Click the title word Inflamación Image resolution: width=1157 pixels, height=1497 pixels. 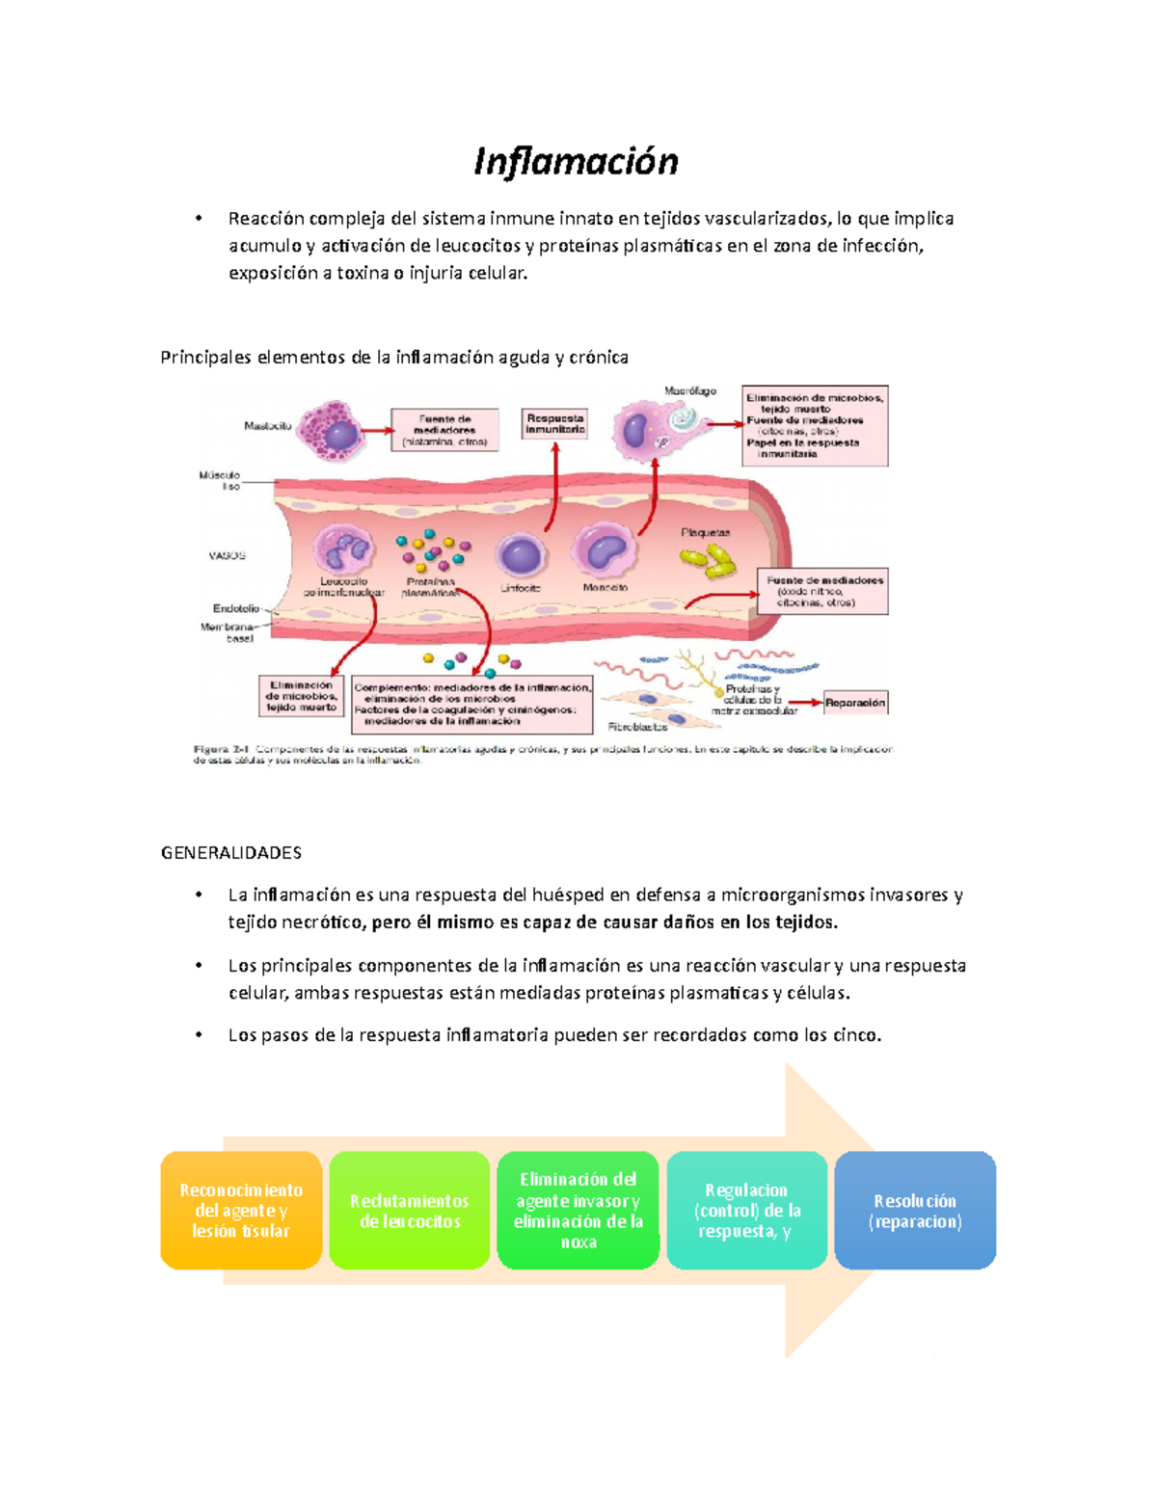[x=576, y=162]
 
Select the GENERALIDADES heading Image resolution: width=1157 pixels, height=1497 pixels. [x=231, y=853]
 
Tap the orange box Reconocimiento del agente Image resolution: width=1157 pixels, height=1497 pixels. [x=241, y=1211]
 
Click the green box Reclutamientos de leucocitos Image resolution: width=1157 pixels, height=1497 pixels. [x=410, y=1211]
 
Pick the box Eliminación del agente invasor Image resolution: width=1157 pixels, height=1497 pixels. [x=578, y=1211]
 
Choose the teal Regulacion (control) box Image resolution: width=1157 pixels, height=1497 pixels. [x=746, y=1211]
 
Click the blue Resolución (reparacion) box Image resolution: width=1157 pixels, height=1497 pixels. [x=915, y=1211]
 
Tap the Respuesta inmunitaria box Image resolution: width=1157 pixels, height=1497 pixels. [x=555, y=424]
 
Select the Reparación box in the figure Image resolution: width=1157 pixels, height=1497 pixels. [x=855, y=703]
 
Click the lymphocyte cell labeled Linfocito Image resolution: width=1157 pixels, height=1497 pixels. [x=521, y=556]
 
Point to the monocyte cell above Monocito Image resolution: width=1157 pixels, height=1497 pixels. [x=605, y=551]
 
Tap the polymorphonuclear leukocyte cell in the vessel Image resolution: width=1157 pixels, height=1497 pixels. [x=343, y=551]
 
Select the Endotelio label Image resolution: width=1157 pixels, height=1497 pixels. [x=236, y=608]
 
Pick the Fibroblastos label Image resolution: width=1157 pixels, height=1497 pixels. [x=638, y=727]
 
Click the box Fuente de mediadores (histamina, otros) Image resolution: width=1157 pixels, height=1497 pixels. [x=444, y=430]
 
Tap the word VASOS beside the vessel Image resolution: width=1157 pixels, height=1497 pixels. [x=228, y=555]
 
